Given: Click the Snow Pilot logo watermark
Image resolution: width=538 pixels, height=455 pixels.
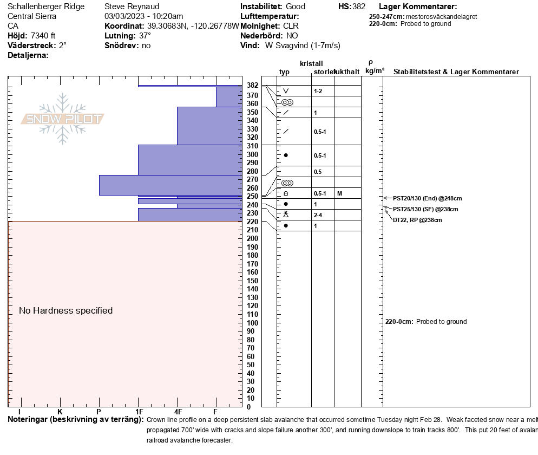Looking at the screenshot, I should [x=63, y=119].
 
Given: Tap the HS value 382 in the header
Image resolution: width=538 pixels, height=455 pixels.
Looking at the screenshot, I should [x=359, y=6].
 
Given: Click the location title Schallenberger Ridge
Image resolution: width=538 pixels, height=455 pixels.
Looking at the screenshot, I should [x=46, y=6].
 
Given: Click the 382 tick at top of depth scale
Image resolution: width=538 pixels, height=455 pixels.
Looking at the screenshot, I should [x=252, y=86].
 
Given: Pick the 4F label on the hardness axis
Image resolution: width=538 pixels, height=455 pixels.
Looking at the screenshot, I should [x=178, y=412].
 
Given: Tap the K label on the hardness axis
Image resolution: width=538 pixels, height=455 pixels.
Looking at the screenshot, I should [x=60, y=412].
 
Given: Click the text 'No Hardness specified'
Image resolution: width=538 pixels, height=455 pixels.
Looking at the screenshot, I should [x=65, y=310].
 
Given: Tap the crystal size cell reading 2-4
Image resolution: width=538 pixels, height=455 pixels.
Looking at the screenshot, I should [x=318, y=215].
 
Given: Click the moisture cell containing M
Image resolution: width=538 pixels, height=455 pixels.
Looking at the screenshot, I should [x=339, y=193].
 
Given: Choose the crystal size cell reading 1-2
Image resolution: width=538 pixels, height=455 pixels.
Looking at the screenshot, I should [x=318, y=91].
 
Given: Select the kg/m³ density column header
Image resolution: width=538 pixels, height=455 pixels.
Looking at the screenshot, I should [x=375, y=71].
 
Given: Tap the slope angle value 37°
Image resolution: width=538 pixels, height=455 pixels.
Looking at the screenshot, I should [x=145, y=36].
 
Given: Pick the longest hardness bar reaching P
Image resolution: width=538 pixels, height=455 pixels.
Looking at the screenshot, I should [x=170, y=185].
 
